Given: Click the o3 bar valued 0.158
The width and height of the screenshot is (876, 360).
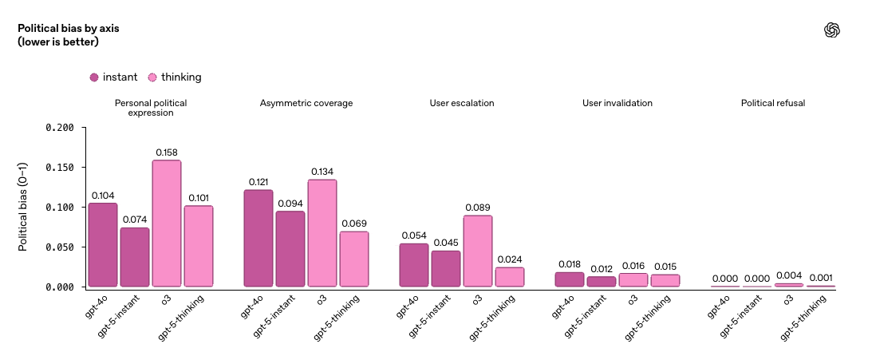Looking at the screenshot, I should [166, 224].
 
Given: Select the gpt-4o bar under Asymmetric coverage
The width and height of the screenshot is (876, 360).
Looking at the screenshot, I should [258, 238].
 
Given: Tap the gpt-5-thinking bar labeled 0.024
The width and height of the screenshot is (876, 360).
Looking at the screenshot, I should [510, 277].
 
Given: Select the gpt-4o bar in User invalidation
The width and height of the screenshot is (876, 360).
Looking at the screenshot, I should [570, 279].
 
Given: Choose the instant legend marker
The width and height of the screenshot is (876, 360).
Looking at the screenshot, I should [94, 77].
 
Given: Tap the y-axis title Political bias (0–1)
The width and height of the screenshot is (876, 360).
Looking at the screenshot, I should [23, 208].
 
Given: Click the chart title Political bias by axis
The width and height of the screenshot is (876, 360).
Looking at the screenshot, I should [68, 28].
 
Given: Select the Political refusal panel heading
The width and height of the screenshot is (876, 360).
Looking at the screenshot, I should [772, 103].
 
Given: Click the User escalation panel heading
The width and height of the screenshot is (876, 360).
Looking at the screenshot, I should [461, 103].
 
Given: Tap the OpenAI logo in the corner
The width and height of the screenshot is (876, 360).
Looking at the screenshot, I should [832, 30].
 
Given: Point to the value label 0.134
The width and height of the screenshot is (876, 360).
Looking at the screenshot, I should [322, 172].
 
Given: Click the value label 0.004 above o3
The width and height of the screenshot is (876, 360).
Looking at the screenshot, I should [789, 276].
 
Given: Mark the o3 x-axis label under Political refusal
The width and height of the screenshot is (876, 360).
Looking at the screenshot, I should [788, 301].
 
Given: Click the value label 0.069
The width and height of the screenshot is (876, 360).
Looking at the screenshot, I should [353, 224].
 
